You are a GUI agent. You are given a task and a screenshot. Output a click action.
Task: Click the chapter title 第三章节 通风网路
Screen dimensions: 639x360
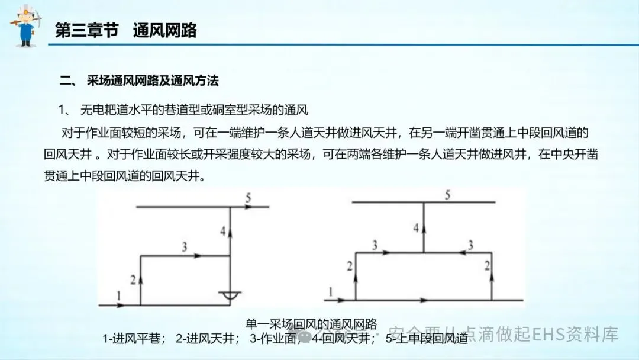click(x=125, y=31)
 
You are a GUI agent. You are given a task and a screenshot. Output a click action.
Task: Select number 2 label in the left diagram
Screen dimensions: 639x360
click(x=133, y=279)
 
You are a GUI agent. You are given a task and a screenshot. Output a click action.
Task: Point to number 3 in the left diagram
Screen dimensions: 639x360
click(x=185, y=247)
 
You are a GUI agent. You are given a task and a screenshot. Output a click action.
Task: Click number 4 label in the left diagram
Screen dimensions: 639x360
click(x=222, y=232)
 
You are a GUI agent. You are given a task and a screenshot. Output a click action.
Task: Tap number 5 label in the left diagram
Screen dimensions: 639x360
click(x=249, y=198)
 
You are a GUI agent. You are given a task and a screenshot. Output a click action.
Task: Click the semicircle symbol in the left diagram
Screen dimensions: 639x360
click(x=230, y=294)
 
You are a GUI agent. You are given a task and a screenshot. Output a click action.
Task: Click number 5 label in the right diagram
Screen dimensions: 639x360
click(x=448, y=195)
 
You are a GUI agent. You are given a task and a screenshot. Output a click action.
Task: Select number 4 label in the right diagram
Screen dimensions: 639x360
click(x=417, y=227)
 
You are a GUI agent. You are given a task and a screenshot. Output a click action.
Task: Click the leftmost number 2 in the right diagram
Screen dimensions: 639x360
click(x=349, y=266)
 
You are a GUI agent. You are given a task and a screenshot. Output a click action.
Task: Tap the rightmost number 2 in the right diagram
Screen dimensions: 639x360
click(x=487, y=266)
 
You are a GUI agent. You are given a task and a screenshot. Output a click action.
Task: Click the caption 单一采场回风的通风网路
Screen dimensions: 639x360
click(x=311, y=324)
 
